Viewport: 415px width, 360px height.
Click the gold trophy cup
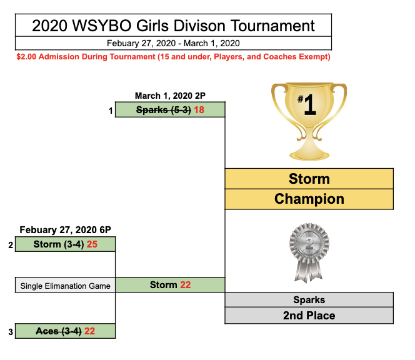coord(309,121)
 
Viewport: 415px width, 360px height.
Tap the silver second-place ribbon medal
coord(309,252)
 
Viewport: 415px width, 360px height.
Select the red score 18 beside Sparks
coord(199,109)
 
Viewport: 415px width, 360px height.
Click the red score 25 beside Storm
coord(92,244)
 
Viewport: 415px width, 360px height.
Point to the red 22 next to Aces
coord(89,331)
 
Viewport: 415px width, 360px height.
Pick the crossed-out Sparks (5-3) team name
coord(163,110)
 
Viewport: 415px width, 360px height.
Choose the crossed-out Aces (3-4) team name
coord(59,331)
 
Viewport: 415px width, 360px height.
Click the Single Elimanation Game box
coord(66,285)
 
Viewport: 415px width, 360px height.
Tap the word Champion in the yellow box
coord(309,199)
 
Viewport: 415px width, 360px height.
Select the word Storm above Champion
coord(309,179)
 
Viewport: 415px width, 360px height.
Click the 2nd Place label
coord(309,316)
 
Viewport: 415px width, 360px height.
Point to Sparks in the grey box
coord(309,300)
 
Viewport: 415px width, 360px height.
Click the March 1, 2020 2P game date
coord(170,96)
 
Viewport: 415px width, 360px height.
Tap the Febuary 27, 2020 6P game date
coord(66,230)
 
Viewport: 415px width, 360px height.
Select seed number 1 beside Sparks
coord(111,111)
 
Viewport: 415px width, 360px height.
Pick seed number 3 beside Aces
coord(11,332)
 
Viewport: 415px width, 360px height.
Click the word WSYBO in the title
coord(102,26)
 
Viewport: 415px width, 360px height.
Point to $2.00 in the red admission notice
coord(26,57)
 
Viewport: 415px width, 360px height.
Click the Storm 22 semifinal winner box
coord(170,285)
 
